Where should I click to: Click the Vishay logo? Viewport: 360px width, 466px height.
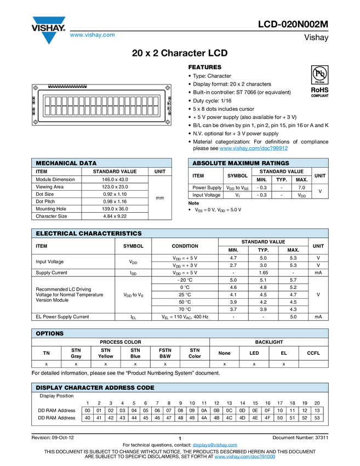(x=48, y=30)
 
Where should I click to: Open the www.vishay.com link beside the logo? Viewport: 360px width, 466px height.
(x=92, y=36)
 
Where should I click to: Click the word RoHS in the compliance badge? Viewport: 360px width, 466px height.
(x=320, y=89)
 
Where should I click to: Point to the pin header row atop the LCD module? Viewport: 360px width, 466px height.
(x=68, y=86)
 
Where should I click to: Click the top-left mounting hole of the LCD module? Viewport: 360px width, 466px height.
(x=36, y=87)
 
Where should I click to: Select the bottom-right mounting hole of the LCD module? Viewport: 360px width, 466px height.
(x=167, y=122)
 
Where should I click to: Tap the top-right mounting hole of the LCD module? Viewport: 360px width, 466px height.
(x=167, y=87)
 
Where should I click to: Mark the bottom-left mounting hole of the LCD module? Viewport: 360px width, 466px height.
(x=36, y=122)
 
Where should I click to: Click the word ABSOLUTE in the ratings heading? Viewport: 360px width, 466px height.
(x=209, y=163)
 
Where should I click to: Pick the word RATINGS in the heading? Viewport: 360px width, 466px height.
(x=275, y=163)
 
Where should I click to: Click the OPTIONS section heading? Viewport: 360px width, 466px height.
(x=50, y=333)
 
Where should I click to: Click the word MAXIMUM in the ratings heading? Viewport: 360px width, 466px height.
(x=243, y=163)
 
